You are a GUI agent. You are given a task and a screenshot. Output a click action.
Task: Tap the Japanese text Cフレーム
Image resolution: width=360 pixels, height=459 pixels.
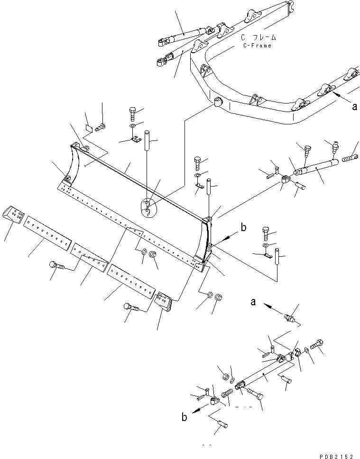(x=258, y=37)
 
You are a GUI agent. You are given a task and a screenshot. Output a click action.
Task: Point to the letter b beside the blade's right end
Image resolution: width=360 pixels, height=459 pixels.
(x=243, y=228)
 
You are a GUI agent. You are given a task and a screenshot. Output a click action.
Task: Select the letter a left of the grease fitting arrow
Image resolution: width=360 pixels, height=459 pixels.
(x=254, y=301)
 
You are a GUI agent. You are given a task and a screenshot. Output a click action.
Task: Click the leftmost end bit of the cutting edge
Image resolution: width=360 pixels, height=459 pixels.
(x=13, y=215)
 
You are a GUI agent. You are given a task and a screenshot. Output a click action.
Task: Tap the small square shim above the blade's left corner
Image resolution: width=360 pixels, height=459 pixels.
(x=89, y=127)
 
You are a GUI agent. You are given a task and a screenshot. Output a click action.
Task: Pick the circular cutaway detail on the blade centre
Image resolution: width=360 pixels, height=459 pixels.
(x=148, y=208)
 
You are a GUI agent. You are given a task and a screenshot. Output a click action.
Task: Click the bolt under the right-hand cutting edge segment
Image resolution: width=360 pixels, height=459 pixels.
(x=130, y=307)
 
